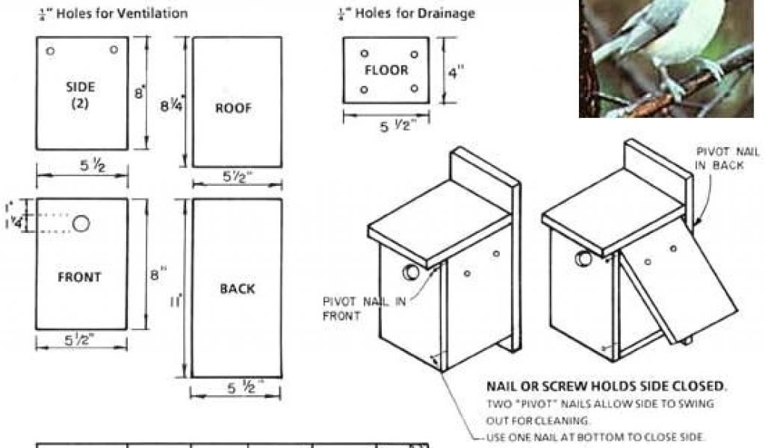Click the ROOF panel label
234,108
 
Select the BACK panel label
238,288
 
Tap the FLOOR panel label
386,70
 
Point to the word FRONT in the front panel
79,277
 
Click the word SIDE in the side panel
80,87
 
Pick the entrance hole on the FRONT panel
81,223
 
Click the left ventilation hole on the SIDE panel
50,51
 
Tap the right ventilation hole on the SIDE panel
114,49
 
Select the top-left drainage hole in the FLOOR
364,54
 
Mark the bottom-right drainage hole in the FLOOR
413,89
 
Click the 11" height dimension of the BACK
177,302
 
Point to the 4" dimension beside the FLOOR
456,73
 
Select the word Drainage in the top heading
449,13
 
